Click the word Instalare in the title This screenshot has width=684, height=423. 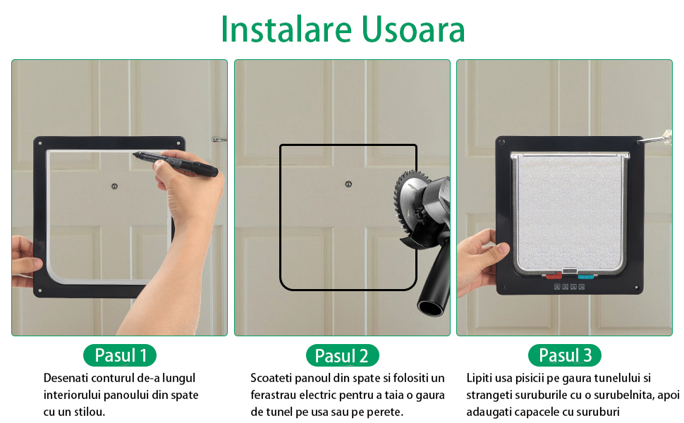coord(286,29)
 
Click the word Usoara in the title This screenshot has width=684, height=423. coord(413,29)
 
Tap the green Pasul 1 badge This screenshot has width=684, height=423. coord(120,355)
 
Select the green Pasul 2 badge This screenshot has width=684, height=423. coord(343,355)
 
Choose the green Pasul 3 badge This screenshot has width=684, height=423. coord(564,355)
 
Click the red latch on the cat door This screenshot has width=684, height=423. coord(554,276)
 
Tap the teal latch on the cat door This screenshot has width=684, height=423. coord(586,276)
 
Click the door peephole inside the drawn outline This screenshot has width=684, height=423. coord(348,184)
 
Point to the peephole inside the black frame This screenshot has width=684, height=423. coord(114,186)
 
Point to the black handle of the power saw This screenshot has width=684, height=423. coord(434,279)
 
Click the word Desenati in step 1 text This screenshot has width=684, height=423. coord(66,378)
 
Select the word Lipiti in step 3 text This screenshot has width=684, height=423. coord(479,378)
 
